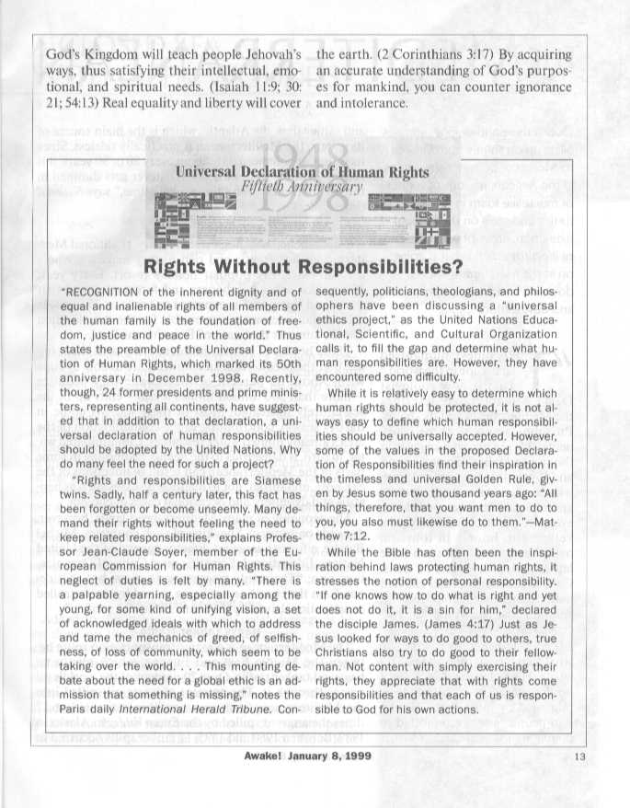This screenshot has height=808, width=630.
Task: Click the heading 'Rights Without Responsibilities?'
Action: [x=315, y=267]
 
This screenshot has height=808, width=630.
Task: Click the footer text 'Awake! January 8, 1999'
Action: [x=315, y=782]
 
